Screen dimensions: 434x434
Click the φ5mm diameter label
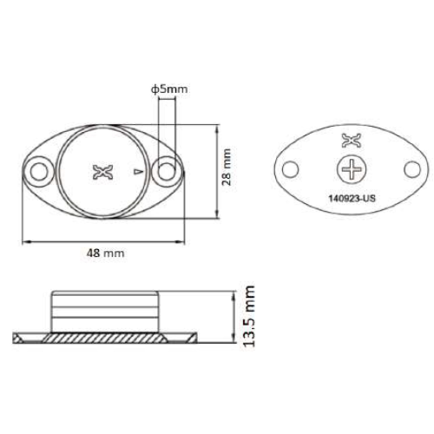click(x=168, y=89)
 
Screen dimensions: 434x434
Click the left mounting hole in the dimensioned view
click(x=38, y=171)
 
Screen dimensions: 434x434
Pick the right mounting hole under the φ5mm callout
click(x=166, y=171)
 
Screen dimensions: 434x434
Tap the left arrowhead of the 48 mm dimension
click(x=24, y=240)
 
